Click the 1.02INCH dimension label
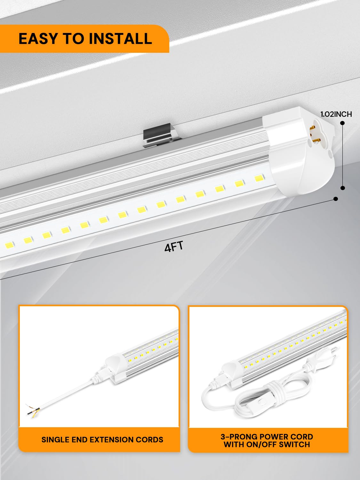[336, 114]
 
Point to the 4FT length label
[173, 247]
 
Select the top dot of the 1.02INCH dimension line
[342, 123]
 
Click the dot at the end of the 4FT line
[335, 199]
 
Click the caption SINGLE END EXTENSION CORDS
[102, 439]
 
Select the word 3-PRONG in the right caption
[238, 436]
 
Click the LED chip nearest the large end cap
[258, 178]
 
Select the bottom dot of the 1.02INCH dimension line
[342, 188]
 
